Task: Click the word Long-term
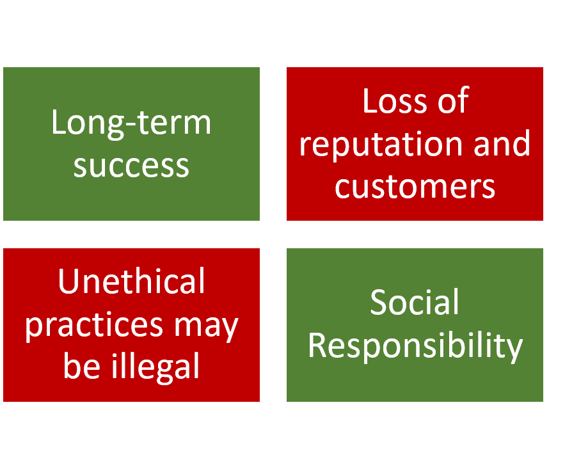pyautogui.click(x=131, y=122)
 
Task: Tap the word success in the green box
pyautogui.click(x=131, y=165)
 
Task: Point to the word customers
pyautogui.click(x=415, y=186)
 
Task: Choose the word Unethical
pyautogui.click(x=131, y=282)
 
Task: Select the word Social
pyautogui.click(x=415, y=303)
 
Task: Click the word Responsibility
pyautogui.click(x=415, y=346)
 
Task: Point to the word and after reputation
pyautogui.click(x=502, y=143)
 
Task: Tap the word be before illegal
pyautogui.click(x=81, y=367)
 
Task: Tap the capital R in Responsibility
pyautogui.click(x=317, y=346)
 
